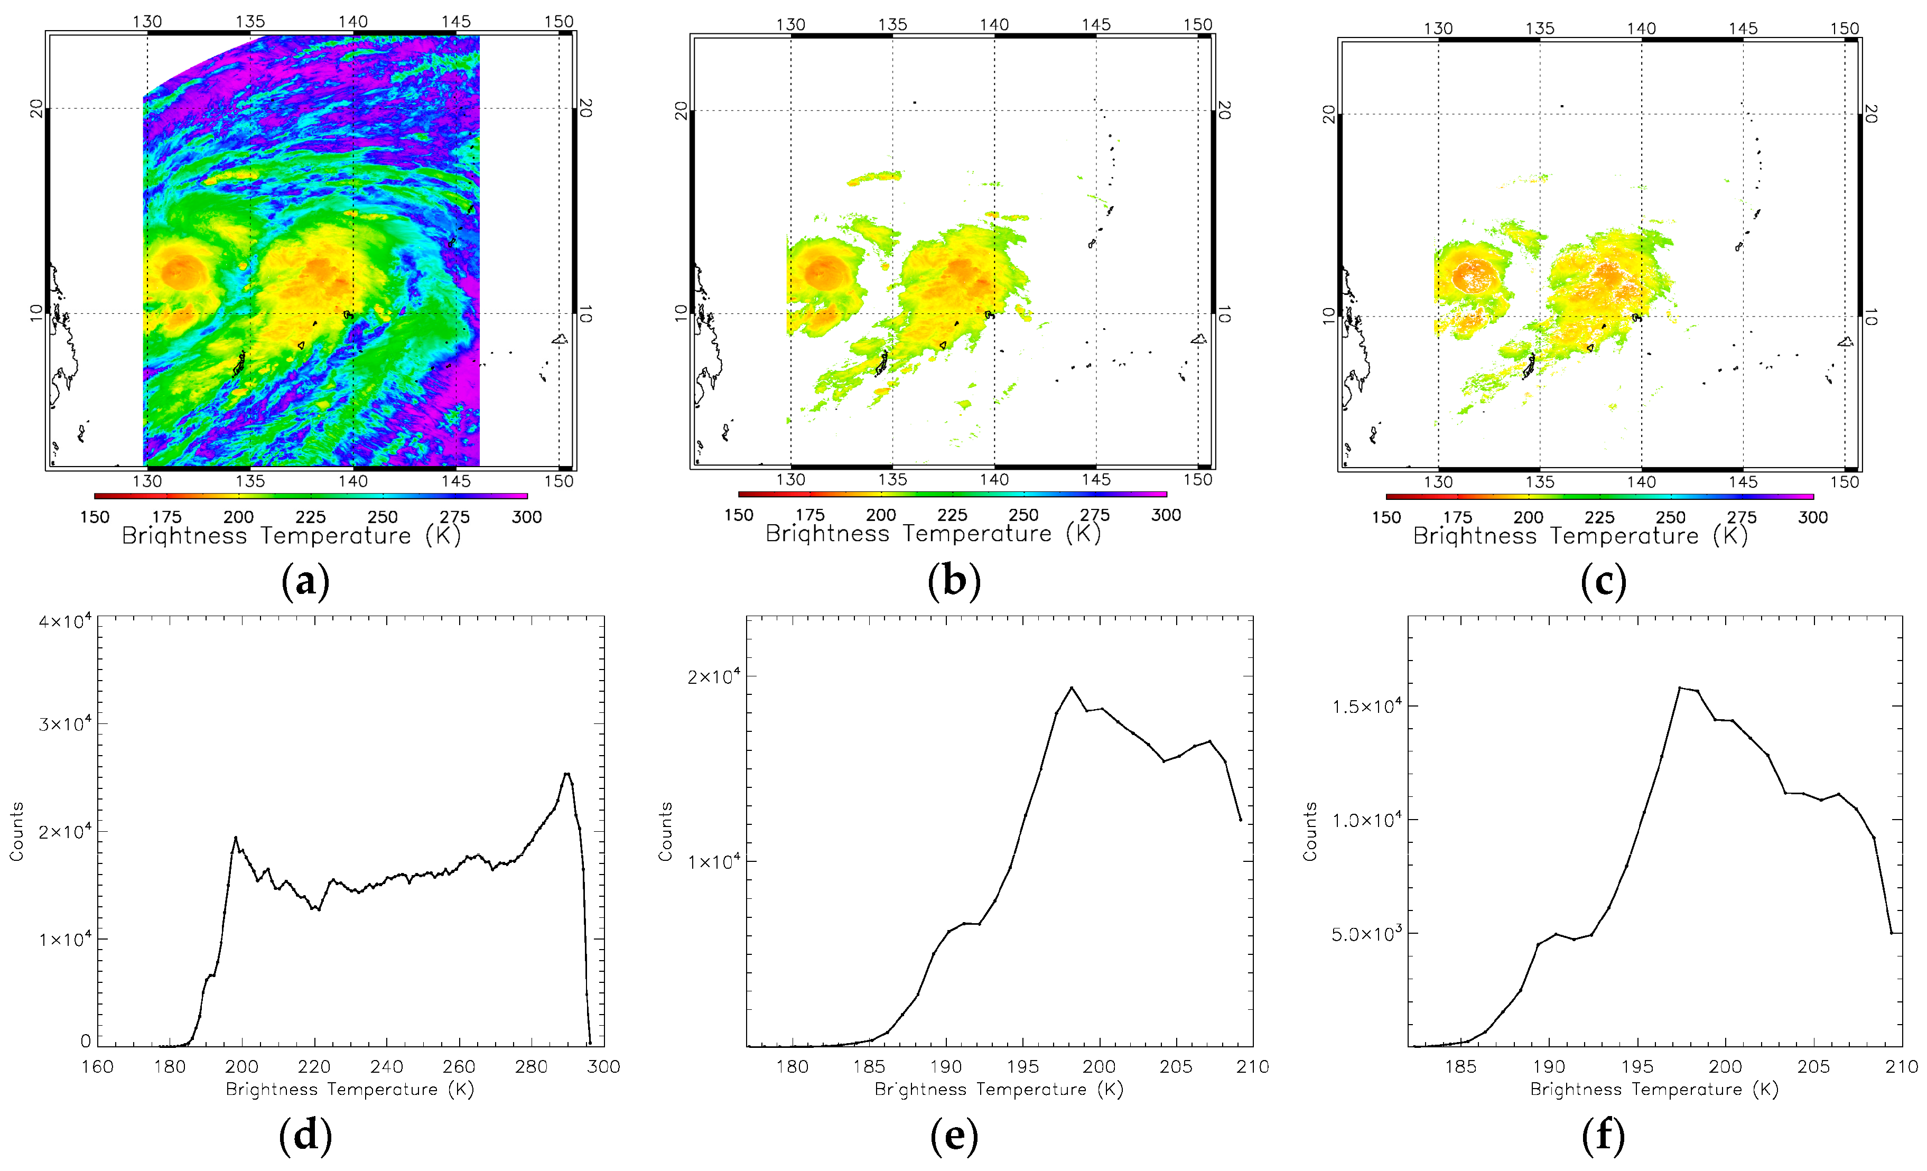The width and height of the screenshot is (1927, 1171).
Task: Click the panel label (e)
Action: (953, 1135)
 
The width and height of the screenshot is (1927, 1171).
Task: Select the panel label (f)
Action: (1603, 1135)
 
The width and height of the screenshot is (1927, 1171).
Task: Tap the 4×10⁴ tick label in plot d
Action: (66, 622)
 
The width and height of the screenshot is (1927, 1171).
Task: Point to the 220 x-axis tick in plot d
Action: (314, 1066)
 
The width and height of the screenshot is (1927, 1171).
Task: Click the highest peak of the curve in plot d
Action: (567, 774)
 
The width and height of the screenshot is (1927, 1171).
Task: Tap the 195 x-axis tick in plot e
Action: (1022, 1066)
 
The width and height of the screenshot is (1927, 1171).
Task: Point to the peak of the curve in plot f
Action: (1679, 687)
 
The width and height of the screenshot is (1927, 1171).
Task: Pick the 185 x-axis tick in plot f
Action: (1460, 1066)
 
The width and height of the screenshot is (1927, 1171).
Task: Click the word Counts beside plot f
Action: (1310, 832)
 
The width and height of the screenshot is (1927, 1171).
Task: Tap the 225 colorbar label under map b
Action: (952, 515)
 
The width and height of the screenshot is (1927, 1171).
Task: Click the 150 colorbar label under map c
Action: (1386, 517)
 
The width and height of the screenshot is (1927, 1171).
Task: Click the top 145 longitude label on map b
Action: (1096, 24)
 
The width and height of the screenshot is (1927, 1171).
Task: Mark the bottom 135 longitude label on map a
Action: (250, 481)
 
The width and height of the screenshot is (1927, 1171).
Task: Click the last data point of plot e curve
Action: (1240, 820)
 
